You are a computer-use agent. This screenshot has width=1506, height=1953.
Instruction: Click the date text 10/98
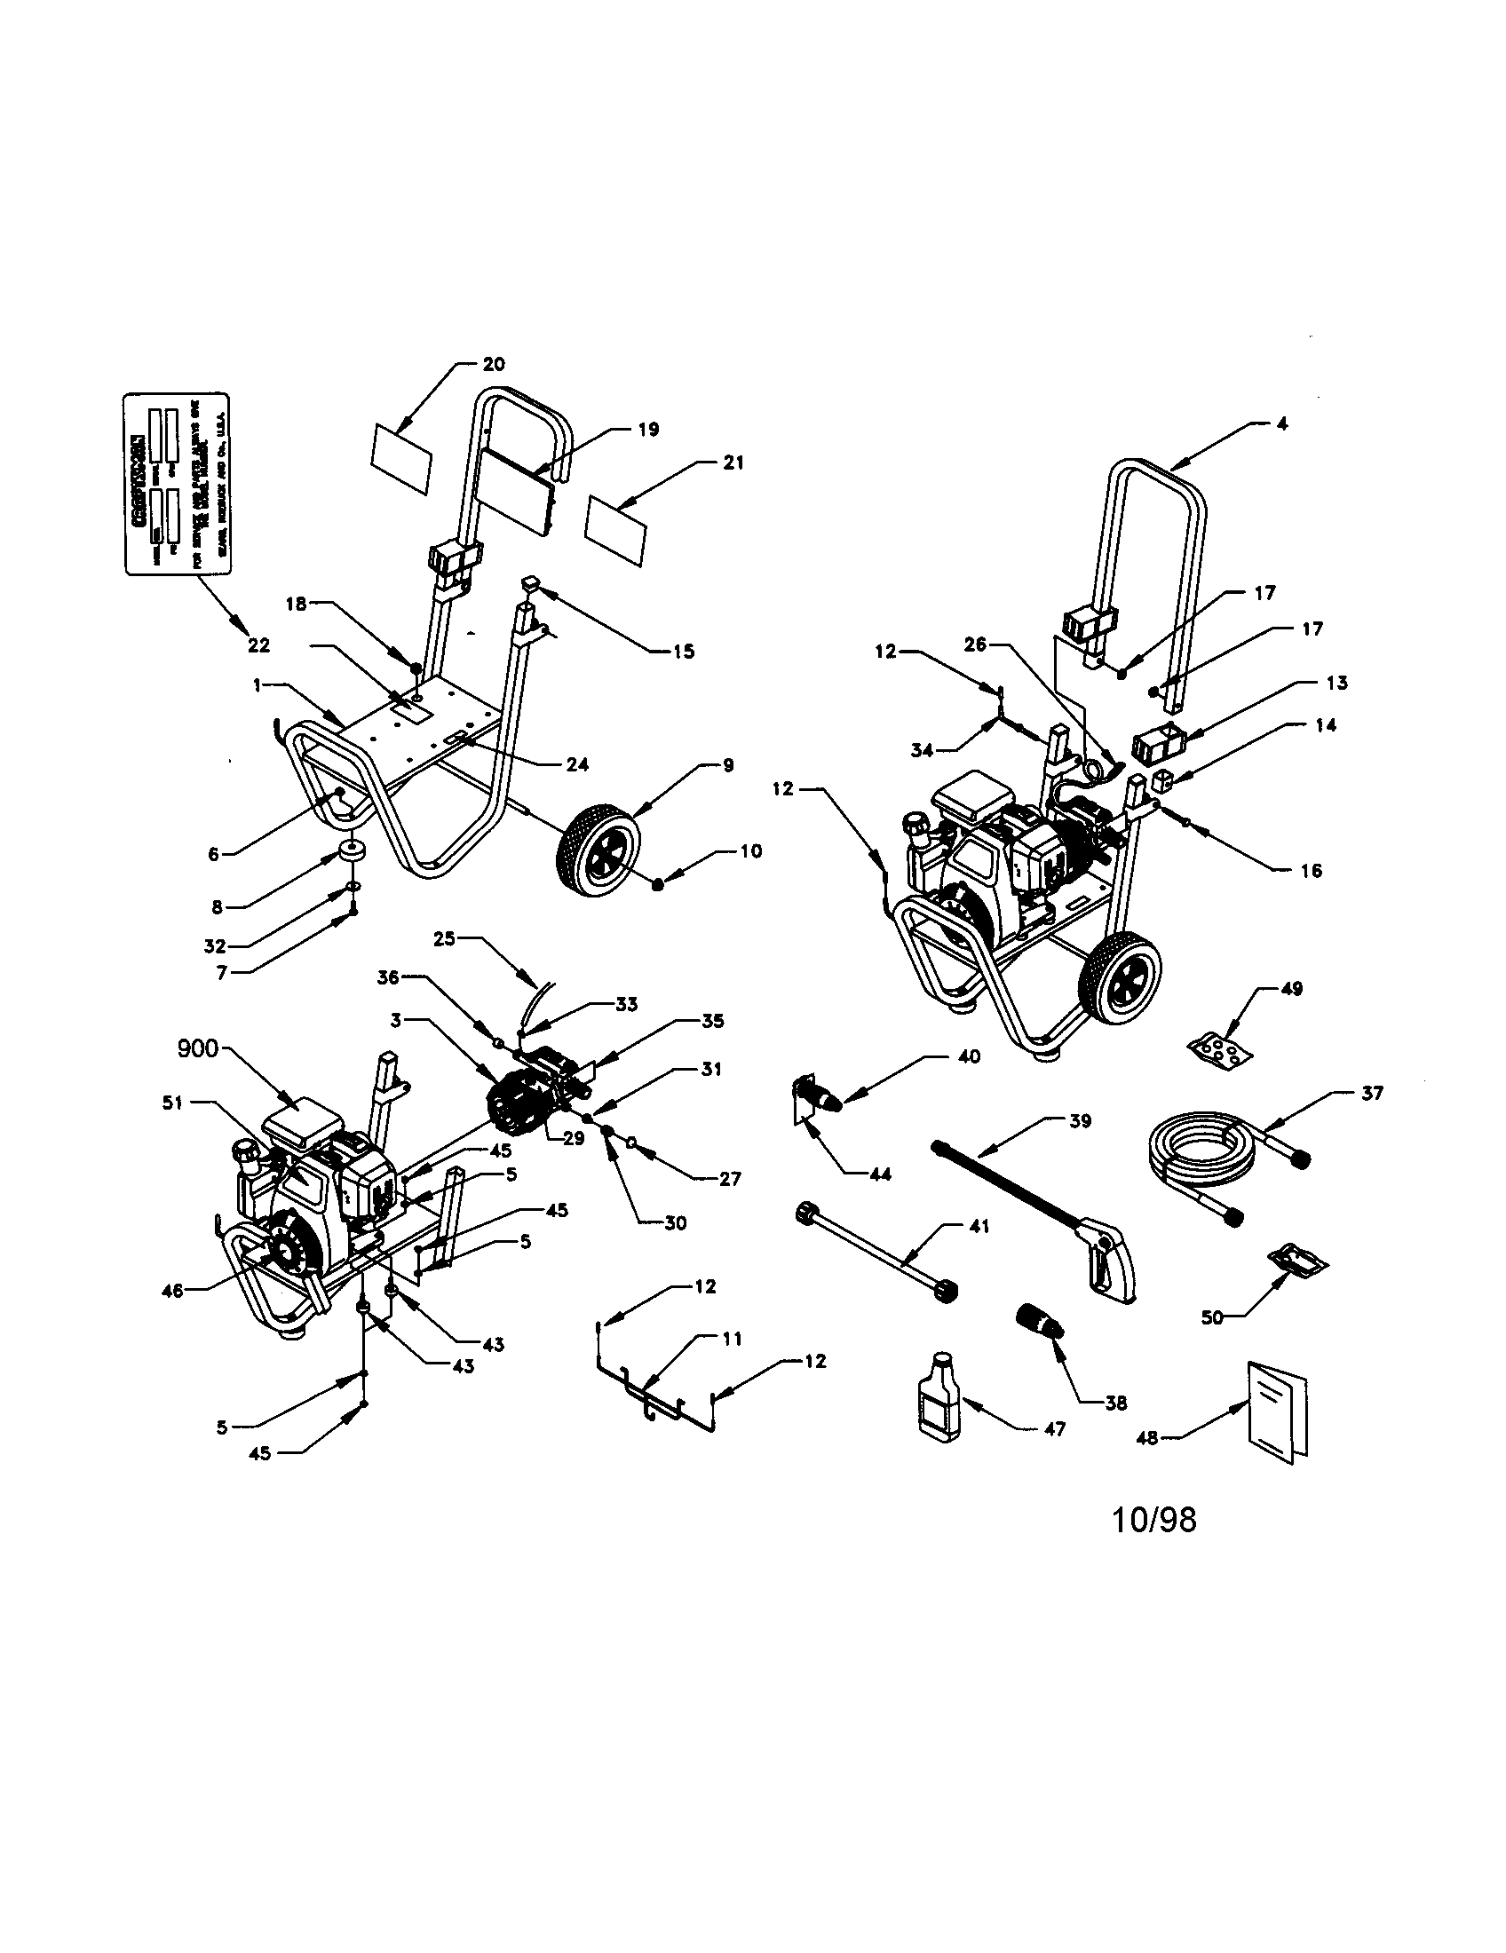[1153, 1519]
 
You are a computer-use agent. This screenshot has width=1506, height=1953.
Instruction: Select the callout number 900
[196, 1048]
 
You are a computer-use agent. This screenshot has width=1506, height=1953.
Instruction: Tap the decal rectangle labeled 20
[400, 463]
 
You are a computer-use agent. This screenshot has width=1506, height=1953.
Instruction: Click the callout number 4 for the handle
[1281, 424]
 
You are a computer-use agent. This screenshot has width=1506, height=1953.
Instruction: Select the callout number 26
[975, 644]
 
